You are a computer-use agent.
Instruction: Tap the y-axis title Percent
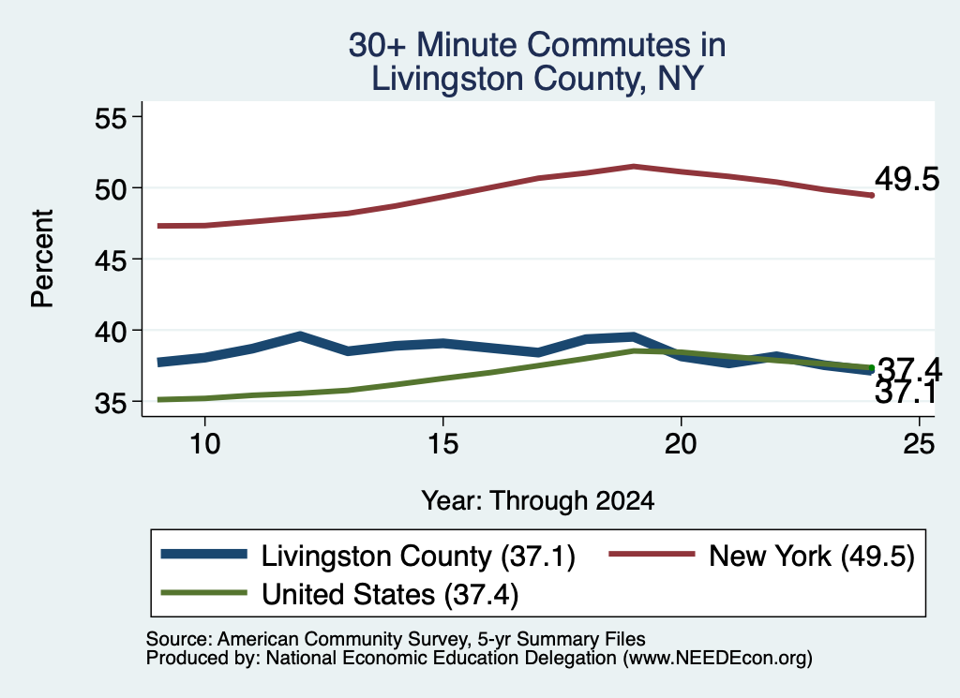[42, 259]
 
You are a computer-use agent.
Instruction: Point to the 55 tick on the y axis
[111, 117]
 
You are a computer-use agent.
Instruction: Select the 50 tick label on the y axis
[111, 188]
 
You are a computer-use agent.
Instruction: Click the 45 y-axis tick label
[111, 260]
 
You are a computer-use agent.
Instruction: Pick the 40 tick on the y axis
[111, 331]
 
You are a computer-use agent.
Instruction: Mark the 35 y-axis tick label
[111, 403]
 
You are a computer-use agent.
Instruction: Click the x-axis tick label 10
[204, 443]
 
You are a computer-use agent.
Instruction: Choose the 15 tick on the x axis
[442, 443]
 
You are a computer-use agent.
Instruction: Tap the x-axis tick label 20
[681, 443]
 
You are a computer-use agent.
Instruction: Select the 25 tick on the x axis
[919, 443]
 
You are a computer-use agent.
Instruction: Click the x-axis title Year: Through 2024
[537, 500]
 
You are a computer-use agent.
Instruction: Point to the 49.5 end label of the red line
[907, 179]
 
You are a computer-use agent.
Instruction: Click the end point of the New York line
[872, 195]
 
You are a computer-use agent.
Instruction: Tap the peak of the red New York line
[634, 167]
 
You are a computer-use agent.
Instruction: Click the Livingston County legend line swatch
[203, 555]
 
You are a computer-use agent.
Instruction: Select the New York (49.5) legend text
[812, 557]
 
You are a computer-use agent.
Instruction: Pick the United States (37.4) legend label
[390, 594]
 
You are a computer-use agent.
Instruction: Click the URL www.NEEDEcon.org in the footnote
[717, 659]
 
